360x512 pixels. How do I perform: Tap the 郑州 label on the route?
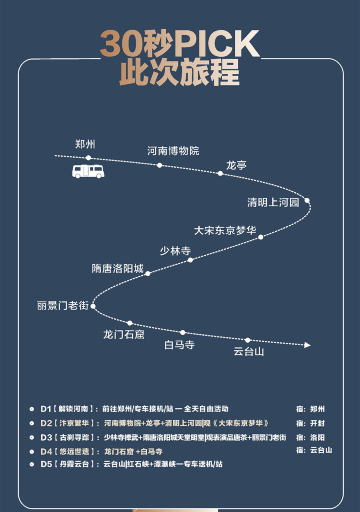point(85,144)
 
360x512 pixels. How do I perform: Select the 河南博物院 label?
point(173,151)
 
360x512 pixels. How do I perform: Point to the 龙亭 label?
point(236,164)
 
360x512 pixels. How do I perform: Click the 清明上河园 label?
point(272,201)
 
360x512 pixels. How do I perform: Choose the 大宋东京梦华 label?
point(225,230)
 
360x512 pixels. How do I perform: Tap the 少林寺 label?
point(174,250)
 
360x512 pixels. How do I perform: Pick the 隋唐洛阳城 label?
point(118,269)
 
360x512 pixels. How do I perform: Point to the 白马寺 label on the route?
point(179,345)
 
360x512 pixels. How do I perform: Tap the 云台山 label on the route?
point(248,351)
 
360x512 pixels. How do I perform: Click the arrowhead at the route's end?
point(306,345)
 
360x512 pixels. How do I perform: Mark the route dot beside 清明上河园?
point(307,201)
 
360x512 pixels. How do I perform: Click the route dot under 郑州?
point(88,157)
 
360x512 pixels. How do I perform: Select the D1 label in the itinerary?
point(46,409)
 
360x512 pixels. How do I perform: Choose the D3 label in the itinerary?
point(46,437)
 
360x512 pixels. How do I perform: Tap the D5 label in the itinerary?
point(46,465)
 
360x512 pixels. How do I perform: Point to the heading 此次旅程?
point(179,72)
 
